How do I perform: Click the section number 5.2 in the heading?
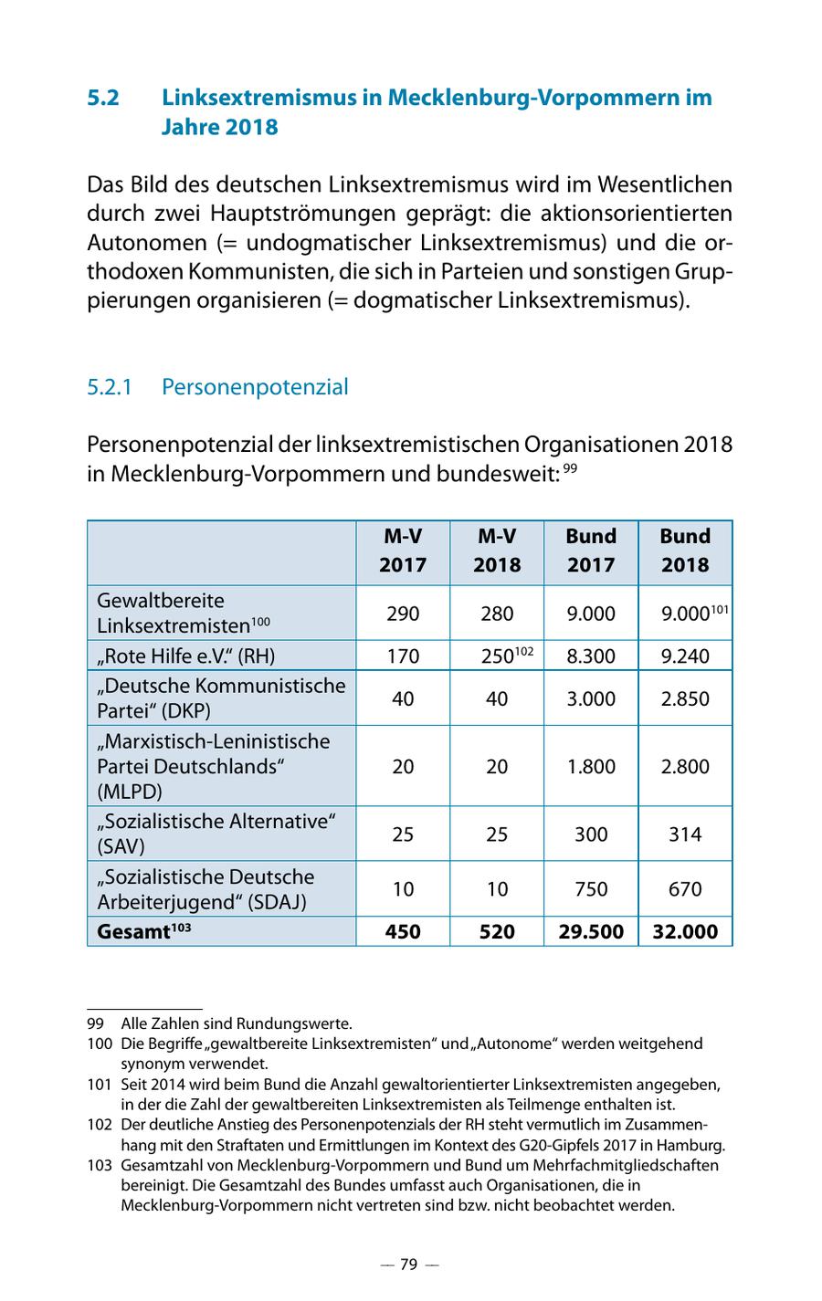tap(103, 98)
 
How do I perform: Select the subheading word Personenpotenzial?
tap(255, 387)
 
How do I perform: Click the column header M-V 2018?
tap(496, 551)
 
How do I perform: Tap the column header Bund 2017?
tap(591, 551)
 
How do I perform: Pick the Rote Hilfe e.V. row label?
tap(186, 656)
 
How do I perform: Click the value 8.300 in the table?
tap(591, 656)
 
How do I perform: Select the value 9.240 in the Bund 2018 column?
tap(685, 656)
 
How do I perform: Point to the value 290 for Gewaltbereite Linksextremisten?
tap(403, 614)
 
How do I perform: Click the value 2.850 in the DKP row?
tap(685, 698)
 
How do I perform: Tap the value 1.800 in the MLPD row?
tap(591, 766)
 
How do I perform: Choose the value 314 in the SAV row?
tap(685, 834)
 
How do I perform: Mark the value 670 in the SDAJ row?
tap(685, 888)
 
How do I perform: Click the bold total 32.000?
tap(685, 931)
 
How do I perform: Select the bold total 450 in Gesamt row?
tap(403, 931)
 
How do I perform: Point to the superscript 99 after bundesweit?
tap(570, 469)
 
